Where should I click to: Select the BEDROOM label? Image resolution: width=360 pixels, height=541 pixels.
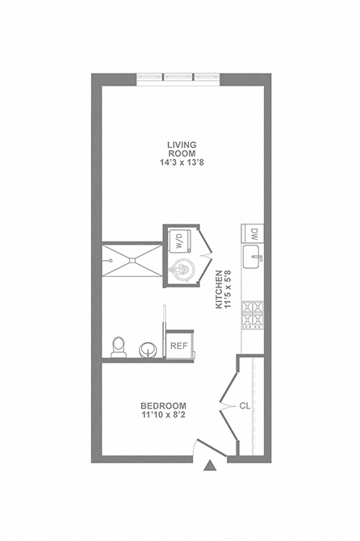pyautogui.click(x=163, y=405)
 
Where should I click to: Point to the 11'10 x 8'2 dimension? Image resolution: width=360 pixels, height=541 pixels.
pyautogui.click(x=163, y=415)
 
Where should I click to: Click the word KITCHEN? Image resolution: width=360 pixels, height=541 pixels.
pyautogui.click(x=219, y=290)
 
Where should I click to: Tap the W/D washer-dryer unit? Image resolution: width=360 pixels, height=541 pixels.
pyautogui.click(x=180, y=240)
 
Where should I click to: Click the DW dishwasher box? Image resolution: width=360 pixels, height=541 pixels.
pyautogui.click(x=253, y=234)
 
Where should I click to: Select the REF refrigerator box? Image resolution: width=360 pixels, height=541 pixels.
pyautogui.click(x=179, y=346)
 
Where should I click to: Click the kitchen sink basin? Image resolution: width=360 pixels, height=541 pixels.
pyautogui.click(x=252, y=257)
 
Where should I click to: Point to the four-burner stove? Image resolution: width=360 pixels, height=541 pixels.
pyautogui.click(x=253, y=315)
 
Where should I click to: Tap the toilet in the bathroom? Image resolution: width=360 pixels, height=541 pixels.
pyautogui.click(x=119, y=346)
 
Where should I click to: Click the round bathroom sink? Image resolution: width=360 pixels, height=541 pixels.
pyautogui.click(x=148, y=350)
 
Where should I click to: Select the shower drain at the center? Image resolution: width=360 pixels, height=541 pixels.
pyautogui.click(x=132, y=261)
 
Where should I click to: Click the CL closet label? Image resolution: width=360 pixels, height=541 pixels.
pyautogui.click(x=245, y=405)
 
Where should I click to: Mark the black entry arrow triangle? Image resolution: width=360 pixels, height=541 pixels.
pyautogui.click(x=210, y=466)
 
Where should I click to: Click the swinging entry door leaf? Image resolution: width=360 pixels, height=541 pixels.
pyautogui.click(x=211, y=448)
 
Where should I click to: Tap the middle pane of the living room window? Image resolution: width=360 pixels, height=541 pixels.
pyautogui.click(x=178, y=78)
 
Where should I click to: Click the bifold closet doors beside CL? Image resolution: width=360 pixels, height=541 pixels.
pyautogui.click(x=229, y=405)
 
